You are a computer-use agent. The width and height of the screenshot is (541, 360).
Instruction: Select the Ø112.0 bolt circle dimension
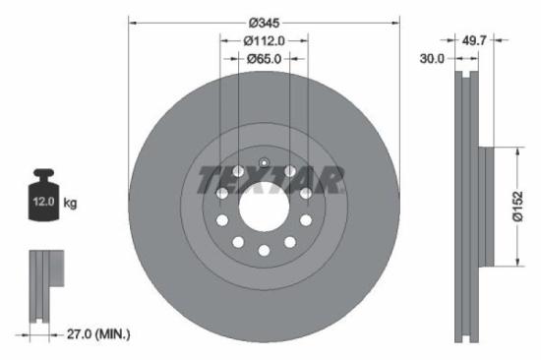(x=264, y=41)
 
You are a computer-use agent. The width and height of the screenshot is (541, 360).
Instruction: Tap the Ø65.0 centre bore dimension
(x=264, y=59)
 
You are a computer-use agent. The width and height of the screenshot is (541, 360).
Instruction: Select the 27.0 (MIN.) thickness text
(x=93, y=334)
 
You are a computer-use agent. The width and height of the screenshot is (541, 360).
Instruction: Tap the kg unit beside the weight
(x=71, y=204)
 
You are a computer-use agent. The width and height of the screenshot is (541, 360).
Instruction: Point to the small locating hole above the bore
(x=264, y=163)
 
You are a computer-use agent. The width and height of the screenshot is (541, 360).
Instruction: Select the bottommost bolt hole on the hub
(x=264, y=250)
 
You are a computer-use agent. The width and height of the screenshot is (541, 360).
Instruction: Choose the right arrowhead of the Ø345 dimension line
(x=397, y=22)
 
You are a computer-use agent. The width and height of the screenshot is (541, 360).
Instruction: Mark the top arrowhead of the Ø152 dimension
(x=516, y=151)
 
